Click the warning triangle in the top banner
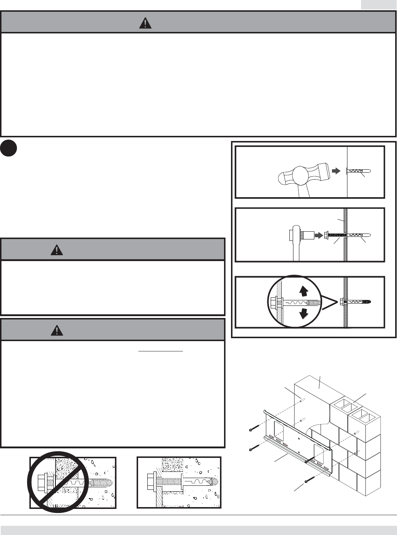pos(145,23)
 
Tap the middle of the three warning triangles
pos(57,250)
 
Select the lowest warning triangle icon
pos(57,330)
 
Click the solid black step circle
pos(9,148)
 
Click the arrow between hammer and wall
pos(336,171)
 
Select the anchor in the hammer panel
pos(358,171)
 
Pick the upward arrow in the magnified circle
pos(303,291)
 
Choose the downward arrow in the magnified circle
pos(303,314)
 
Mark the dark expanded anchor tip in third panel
pos(367,302)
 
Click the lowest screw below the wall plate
pos(310,479)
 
